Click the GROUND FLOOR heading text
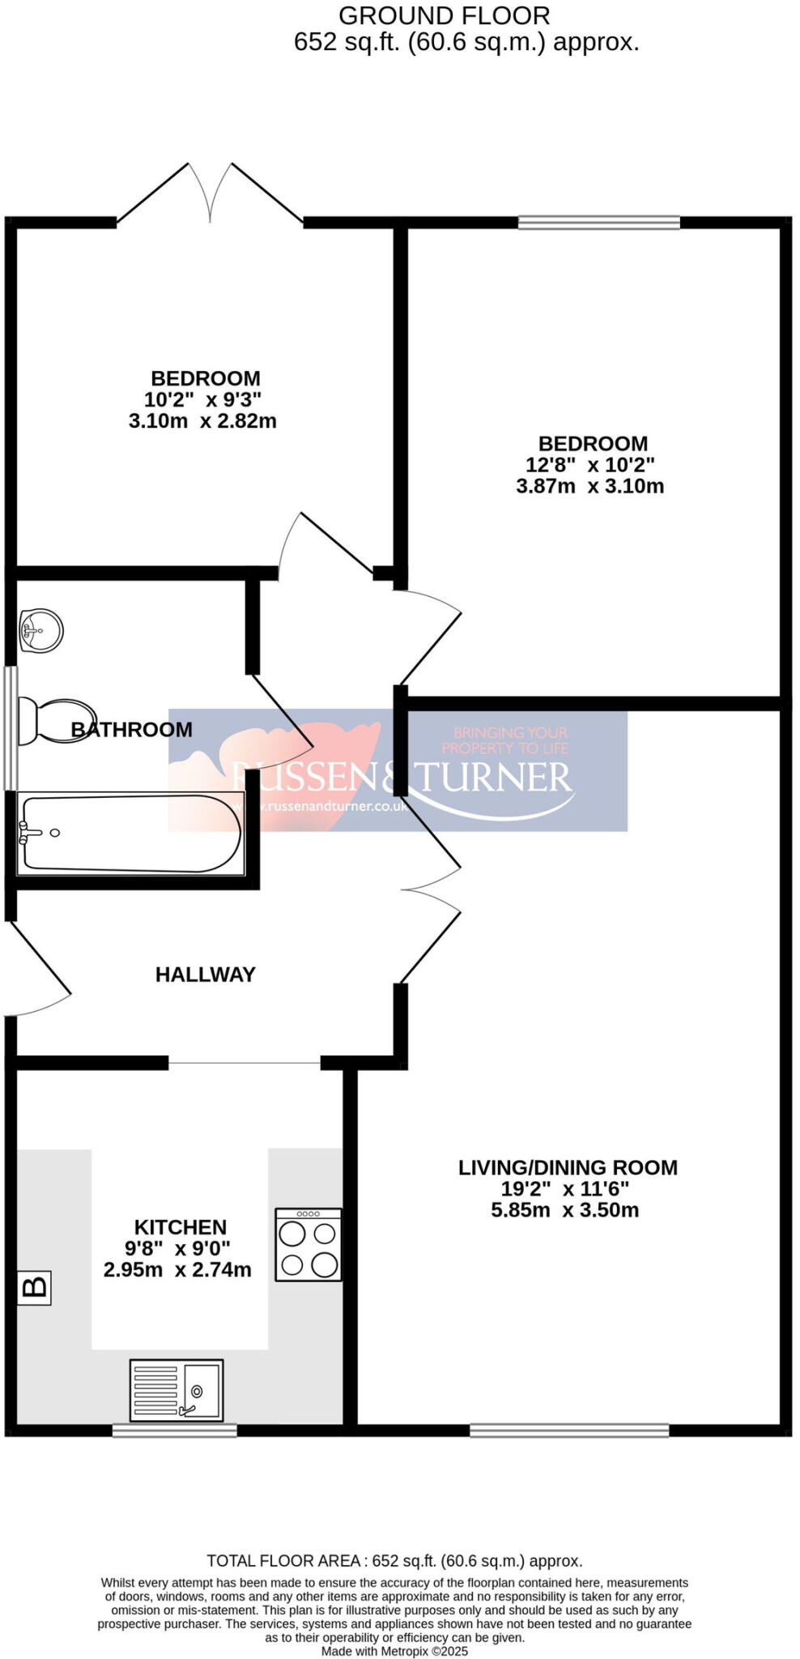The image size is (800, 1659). coord(444,15)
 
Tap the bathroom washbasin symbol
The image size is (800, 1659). coord(40,629)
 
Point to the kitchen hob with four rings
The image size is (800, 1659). coord(308,1244)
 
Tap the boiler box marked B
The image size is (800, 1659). coord(34,1287)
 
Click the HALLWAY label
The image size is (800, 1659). coord(205,975)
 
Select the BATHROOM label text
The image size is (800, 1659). coord(132,729)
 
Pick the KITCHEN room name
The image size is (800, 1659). coord(180,1227)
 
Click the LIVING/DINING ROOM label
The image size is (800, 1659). coord(568,1167)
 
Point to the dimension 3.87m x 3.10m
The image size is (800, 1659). coord(589,486)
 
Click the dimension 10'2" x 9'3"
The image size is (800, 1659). coord(203,399)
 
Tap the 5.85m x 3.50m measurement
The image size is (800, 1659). coord(564,1210)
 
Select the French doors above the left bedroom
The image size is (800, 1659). coord(211,194)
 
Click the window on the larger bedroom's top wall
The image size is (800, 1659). coord(598,222)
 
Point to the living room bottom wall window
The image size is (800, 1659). coord(569,1431)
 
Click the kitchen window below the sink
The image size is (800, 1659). coord(174,1431)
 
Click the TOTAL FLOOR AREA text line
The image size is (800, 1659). coord(394,1560)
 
